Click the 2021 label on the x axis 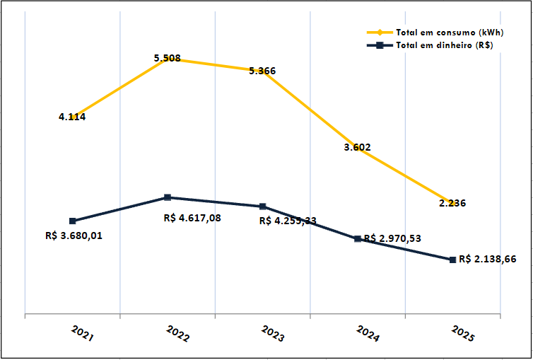[82, 334]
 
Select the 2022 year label [177, 334]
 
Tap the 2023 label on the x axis [273, 334]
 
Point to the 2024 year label [368, 334]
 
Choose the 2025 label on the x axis [463, 334]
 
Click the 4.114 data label [72, 117]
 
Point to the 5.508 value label [168, 58]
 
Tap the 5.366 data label [262, 71]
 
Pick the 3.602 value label [357, 147]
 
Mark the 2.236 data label [452, 203]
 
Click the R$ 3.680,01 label [74, 236]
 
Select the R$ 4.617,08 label [192, 218]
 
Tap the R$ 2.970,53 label [392, 238]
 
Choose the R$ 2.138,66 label [487, 259]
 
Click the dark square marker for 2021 [72, 221]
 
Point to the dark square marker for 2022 [168, 197]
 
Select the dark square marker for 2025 [452, 260]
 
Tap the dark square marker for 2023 [262, 207]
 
